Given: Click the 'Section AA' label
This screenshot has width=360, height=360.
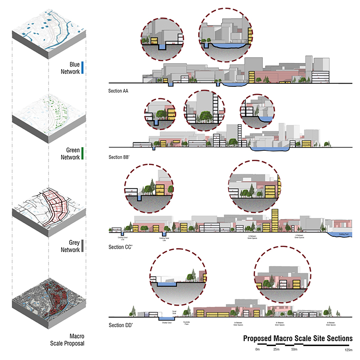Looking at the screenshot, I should pos(118,91).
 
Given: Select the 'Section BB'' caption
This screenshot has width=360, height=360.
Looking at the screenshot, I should pos(119,157).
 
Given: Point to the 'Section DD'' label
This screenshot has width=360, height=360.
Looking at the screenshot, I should pos(119,325).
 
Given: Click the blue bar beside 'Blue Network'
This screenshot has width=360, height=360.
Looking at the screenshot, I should pos(84,68).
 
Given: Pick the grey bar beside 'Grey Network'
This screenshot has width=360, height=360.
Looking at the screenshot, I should pos(84,246).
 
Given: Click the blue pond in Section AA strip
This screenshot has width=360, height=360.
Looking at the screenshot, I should pos(234,84).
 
